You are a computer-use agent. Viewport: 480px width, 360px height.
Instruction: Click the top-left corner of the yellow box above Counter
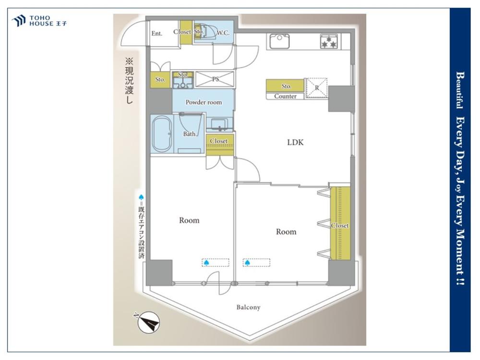point(266,79)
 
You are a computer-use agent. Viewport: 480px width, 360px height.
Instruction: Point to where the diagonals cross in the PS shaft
point(215,79)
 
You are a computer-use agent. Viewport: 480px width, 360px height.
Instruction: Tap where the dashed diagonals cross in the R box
point(317,88)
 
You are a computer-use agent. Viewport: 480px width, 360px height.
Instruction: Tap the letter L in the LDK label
point(289,143)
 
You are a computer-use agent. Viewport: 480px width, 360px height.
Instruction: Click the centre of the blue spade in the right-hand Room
point(247,263)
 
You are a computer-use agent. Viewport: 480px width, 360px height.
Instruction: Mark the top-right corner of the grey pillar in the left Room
point(172,260)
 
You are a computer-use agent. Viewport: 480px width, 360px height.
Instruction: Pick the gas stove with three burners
point(329,42)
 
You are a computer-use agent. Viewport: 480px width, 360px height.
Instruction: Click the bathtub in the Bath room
point(162,134)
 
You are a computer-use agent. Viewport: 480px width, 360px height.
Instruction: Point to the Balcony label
point(248,307)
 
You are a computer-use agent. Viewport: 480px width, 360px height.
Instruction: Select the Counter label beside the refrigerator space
point(285,96)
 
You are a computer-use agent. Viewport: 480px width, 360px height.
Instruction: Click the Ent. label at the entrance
point(157,33)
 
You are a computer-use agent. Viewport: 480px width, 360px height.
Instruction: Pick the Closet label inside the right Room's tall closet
point(340,225)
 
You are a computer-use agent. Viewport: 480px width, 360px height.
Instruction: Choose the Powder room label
point(204,102)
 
